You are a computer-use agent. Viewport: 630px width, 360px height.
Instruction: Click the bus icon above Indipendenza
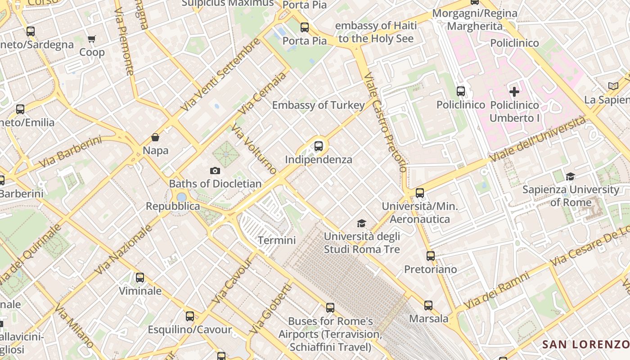[319, 146]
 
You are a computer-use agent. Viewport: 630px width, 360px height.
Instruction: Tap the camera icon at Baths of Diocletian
[215, 171]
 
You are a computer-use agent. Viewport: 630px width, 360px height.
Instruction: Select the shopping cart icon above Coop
[92, 39]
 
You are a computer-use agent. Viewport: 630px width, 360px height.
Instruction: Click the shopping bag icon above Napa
[155, 137]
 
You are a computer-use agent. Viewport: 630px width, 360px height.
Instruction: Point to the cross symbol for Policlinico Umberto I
[514, 92]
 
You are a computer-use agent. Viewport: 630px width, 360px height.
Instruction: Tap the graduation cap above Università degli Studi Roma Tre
[361, 223]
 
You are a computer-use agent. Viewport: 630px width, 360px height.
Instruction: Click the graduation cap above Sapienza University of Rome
[571, 176]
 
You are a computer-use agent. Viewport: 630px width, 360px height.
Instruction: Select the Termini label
[277, 240]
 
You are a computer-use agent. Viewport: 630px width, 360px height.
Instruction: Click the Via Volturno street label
[254, 149]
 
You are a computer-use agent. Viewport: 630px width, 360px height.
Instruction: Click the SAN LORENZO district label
[585, 345]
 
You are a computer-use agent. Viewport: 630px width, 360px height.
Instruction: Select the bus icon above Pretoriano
[431, 256]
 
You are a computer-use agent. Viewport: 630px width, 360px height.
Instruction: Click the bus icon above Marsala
[428, 306]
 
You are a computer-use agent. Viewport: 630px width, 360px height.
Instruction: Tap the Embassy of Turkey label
[319, 105]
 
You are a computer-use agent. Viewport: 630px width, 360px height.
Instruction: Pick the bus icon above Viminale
[140, 278]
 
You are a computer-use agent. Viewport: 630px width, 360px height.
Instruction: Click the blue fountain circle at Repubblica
[181, 197]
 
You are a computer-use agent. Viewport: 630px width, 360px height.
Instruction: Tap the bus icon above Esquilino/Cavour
[190, 316]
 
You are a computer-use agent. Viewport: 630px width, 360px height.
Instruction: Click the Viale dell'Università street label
[538, 140]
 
